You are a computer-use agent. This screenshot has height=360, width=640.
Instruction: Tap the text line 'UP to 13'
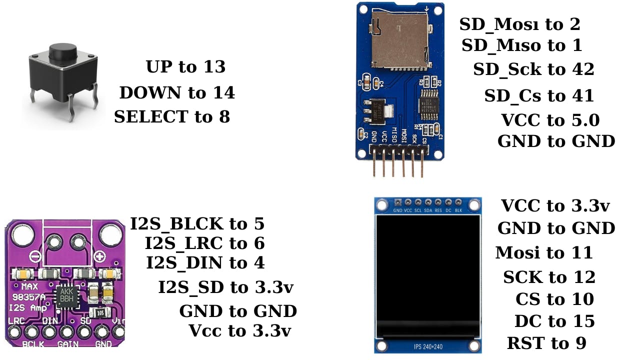[185, 67]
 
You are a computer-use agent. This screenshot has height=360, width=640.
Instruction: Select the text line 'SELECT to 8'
[172, 117]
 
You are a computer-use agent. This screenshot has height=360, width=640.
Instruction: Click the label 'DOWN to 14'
[176, 92]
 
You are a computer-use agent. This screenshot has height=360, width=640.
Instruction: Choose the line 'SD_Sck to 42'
[533, 69]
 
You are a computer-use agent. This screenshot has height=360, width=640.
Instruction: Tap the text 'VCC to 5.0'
[550, 120]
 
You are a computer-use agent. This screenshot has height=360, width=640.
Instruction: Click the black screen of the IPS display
[427, 275]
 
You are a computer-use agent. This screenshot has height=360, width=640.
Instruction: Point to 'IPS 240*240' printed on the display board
[428, 346]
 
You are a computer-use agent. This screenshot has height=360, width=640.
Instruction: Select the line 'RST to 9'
[546, 343]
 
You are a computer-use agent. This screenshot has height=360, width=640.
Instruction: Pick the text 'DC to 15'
[554, 321]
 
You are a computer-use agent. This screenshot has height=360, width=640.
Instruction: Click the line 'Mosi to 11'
[544, 253]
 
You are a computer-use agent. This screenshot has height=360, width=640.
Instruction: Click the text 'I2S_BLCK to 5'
[197, 224]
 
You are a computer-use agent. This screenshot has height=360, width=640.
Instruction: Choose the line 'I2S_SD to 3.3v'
[225, 287]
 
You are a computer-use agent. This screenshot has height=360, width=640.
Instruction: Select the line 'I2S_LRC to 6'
[204, 243]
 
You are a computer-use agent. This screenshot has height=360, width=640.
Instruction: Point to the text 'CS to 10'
[554, 299]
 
